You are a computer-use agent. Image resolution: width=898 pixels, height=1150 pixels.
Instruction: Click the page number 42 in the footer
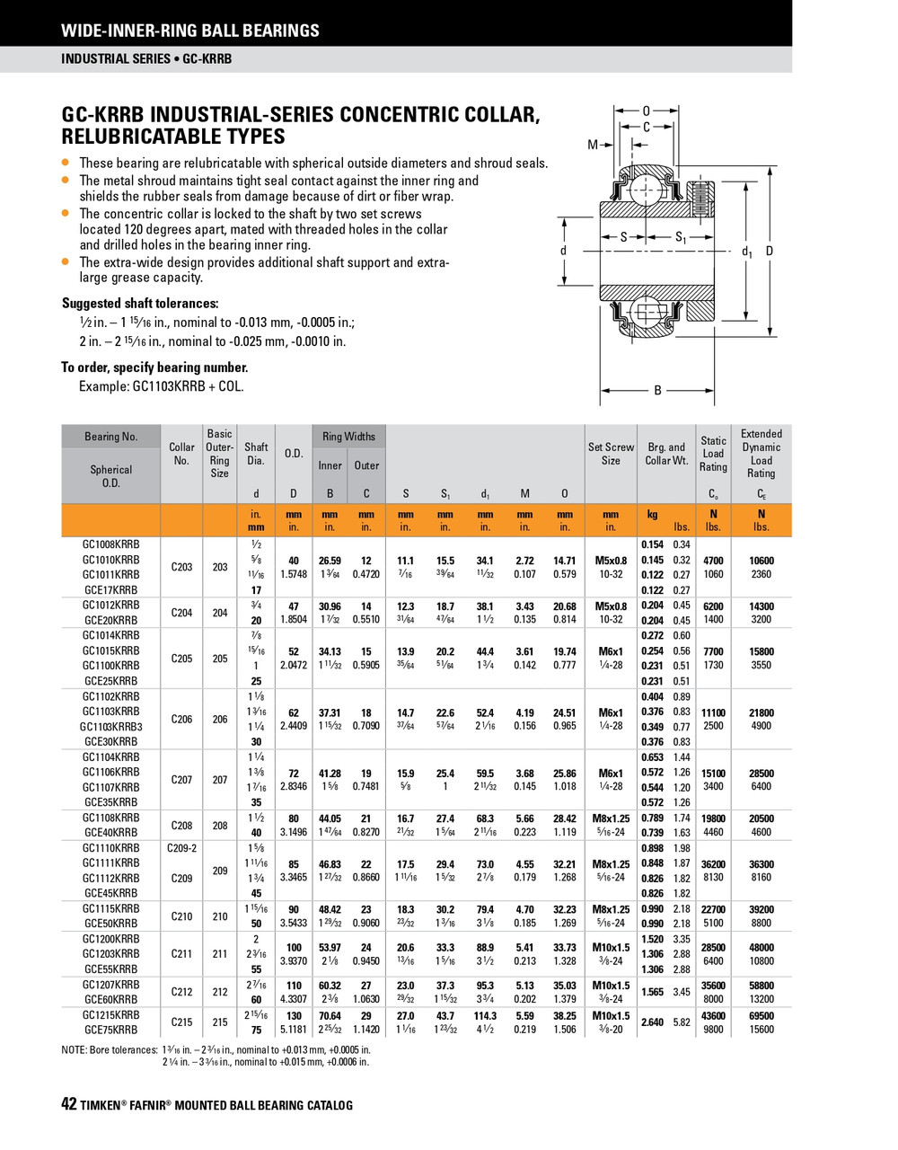69,1105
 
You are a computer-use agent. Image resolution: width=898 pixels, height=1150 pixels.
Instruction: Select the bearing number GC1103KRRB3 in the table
111,726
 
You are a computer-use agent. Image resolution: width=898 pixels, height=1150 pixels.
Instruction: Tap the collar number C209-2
181,847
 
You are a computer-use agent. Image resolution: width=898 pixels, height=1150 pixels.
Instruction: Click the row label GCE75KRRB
111,1031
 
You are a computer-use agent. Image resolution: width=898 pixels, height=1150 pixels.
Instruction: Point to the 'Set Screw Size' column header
611,454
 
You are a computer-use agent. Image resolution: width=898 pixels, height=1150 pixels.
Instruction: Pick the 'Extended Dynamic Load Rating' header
761,454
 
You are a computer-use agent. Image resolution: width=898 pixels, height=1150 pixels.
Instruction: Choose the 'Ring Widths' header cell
348,437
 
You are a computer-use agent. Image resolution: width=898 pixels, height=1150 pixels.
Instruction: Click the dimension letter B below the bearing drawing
657,390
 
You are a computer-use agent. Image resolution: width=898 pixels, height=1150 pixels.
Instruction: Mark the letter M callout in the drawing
593,145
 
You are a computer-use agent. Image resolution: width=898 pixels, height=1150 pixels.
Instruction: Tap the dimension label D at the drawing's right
770,252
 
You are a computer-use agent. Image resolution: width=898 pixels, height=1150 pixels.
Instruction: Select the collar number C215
181,1022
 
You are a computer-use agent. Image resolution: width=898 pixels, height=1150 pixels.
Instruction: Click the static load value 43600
713,1015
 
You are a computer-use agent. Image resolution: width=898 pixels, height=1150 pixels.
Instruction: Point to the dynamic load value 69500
761,1015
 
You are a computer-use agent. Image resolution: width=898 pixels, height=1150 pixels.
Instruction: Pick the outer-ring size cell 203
220,567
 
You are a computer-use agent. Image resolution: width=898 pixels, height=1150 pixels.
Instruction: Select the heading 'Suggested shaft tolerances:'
140,304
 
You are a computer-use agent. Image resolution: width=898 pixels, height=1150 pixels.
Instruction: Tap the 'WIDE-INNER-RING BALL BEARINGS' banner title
189,31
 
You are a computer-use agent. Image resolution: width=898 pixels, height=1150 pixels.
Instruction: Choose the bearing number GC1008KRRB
111,544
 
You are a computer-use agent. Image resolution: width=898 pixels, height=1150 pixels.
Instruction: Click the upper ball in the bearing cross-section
645,190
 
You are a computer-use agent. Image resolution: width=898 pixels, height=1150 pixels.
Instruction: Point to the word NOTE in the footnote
74,1048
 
